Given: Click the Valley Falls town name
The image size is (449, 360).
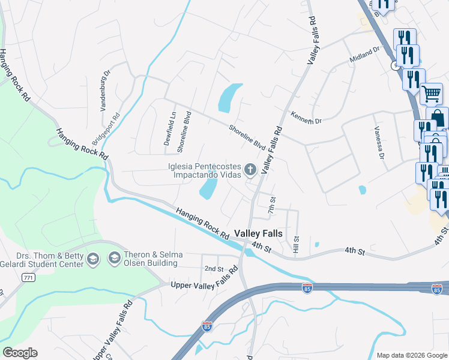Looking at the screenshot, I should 258,233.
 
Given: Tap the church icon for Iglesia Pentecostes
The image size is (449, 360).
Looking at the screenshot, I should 251,170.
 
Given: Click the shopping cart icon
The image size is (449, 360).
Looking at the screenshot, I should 431,94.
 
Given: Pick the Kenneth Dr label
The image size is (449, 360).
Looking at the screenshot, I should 306,118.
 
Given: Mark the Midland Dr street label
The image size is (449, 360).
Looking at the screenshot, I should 365,55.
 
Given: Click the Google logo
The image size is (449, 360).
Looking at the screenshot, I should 20,353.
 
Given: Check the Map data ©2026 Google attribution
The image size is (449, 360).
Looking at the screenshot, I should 411,355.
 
